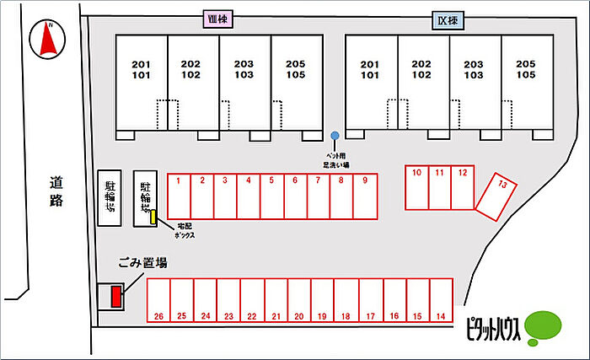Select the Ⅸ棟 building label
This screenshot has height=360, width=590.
tap(448, 20)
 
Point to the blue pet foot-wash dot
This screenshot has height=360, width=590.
tap(335, 136)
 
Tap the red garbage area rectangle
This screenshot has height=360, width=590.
tap(116, 296)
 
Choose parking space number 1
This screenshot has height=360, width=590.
tap(179, 196)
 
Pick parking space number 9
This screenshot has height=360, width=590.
tap(365, 196)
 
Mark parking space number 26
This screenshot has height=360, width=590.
tap(158, 301)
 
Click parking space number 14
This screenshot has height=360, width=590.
tap(440, 301)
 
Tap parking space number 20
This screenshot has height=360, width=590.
tap(299, 301)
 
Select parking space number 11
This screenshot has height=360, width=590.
tap(439, 186)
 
